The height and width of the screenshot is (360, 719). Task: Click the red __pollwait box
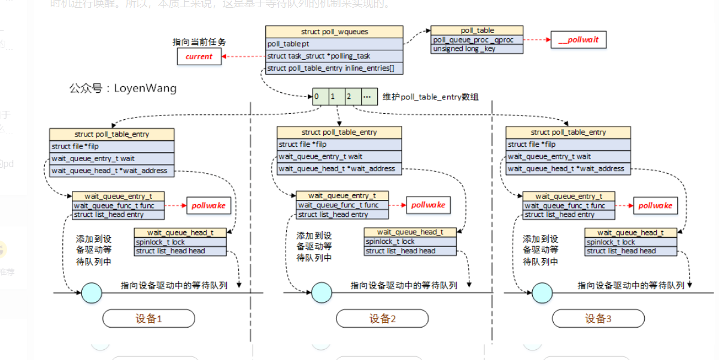coord(578,40)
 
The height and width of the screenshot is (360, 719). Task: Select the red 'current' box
coord(199,56)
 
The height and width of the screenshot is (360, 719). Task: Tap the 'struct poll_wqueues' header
coord(334,31)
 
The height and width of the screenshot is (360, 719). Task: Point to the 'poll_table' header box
coord(477,31)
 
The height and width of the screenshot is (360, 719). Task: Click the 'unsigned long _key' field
coord(477,49)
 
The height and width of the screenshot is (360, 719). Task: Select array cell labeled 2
coord(353,97)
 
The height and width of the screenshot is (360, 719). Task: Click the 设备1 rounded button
coord(148,319)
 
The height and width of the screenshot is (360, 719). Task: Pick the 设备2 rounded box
coord(382,319)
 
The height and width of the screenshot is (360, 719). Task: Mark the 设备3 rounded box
coord(597,319)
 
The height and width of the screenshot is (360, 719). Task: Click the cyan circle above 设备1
coord(92,292)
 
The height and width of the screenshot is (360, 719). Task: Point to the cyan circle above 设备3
coord(542,292)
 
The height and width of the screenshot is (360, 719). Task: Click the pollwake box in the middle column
coord(427,205)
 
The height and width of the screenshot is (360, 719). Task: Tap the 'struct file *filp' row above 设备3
coord(568,144)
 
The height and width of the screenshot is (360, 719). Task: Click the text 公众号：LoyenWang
coord(123,89)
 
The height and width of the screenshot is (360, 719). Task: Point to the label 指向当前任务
coord(199,42)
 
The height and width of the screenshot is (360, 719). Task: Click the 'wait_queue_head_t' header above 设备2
coord(410,232)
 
